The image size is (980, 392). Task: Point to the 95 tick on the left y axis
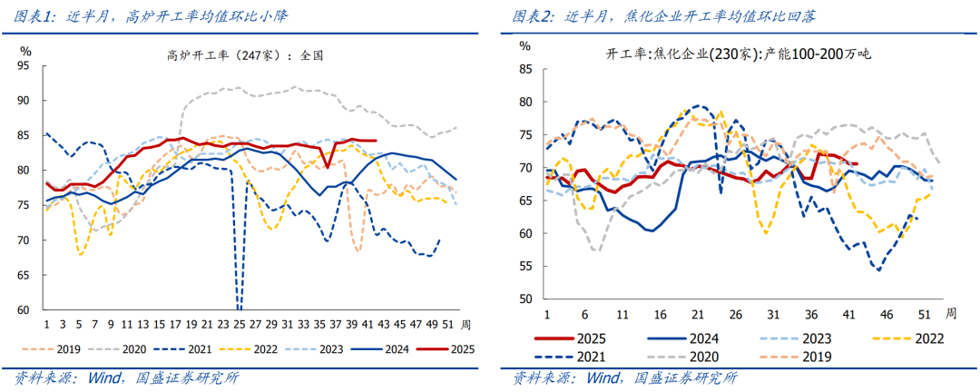(x=24, y=65)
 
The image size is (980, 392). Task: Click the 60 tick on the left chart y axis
(x=24, y=309)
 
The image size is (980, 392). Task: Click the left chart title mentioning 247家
(x=246, y=54)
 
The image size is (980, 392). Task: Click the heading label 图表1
(x=34, y=16)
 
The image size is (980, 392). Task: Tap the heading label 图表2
(x=532, y=16)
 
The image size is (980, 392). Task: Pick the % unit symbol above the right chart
(x=524, y=44)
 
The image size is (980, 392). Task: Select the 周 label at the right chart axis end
(x=950, y=313)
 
